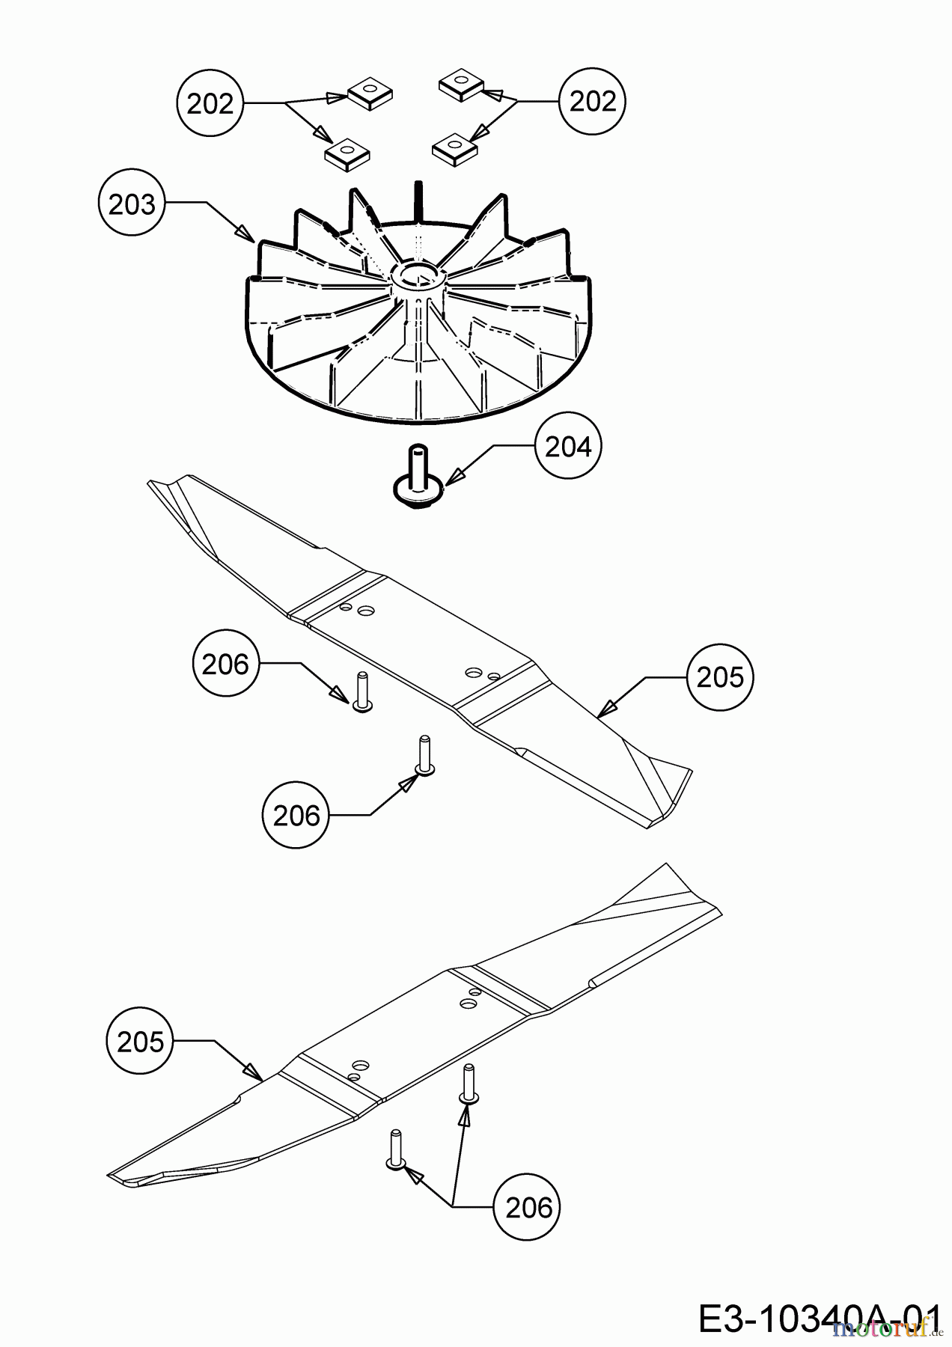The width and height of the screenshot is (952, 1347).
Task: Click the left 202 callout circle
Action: click(x=210, y=103)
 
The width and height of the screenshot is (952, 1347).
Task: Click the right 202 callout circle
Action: click(x=592, y=101)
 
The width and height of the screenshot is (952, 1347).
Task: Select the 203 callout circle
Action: click(x=132, y=204)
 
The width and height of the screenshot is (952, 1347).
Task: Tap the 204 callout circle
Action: click(x=568, y=447)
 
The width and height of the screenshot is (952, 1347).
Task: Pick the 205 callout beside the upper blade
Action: click(x=720, y=677)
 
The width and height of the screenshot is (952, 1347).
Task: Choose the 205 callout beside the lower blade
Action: click(x=141, y=1041)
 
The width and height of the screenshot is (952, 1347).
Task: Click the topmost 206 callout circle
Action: click(x=225, y=664)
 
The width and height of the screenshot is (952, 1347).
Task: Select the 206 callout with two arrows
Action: click(x=528, y=1207)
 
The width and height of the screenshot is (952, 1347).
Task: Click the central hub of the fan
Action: click(x=418, y=276)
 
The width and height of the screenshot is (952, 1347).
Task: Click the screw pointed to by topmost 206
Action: click(x=363, y=693)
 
